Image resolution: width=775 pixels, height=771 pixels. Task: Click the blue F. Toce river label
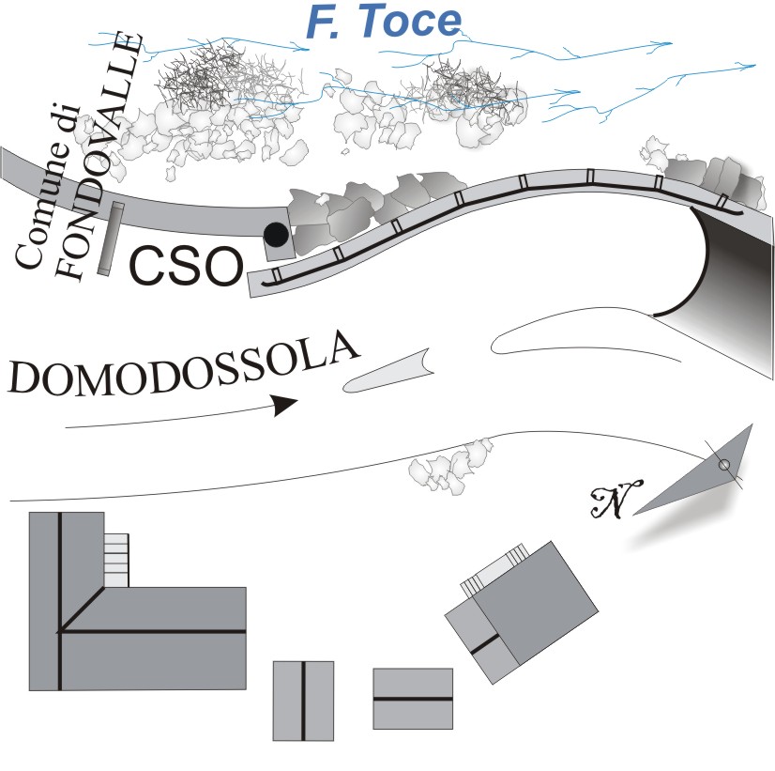pyautogui.click(x=383, y=23)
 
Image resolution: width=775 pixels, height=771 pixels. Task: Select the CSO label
pyautogui.click(x=186, y=268)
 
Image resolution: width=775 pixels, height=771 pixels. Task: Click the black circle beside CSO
pyautogui.click(x=276, y=233)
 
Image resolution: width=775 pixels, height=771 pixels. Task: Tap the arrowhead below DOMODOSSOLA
pyautogui.click(x=284, y=405)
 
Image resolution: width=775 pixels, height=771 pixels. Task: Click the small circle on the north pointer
pyautogui.click(x=723, y=465)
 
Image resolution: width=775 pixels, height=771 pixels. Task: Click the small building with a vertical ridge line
pyautogui.click(x=303, y=701)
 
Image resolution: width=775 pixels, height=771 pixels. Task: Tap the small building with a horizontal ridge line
pyautogui.click(x=413, y=699)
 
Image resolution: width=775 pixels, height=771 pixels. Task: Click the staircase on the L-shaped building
pyautogui.click(x=116, y=560)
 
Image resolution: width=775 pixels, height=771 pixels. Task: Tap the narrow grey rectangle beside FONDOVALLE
pyautogui.click(x=111, y=240)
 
